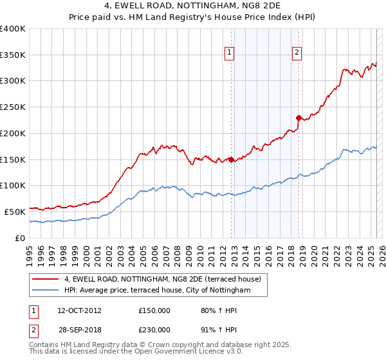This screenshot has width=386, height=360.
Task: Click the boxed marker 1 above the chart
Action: click(230, 53)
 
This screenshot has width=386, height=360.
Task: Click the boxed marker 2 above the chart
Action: click(297, 53)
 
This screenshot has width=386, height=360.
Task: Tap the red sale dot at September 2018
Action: click(299, 118)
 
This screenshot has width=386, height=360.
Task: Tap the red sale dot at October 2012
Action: click(232, 159)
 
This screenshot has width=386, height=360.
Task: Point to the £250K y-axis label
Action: click(13, 107)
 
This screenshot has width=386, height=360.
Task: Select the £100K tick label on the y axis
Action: click(13, 186)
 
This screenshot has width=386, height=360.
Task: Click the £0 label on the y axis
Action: click(21, 238)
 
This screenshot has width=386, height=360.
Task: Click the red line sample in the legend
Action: click(46, 280)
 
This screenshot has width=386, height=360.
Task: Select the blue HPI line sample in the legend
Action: click(46, 291)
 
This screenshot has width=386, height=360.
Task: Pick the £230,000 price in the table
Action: click(154, 330)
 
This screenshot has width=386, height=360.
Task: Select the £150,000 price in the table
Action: click(154, 310)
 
